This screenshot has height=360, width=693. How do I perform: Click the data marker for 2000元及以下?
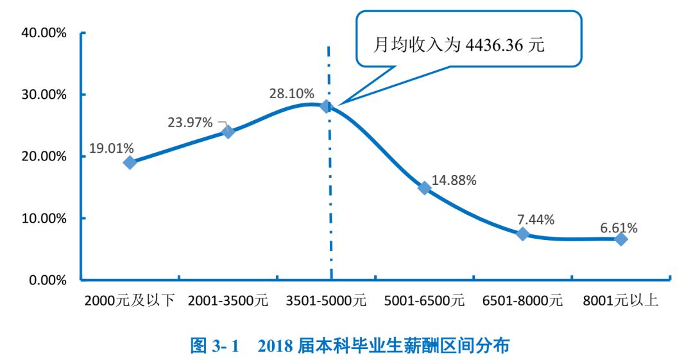coord(130,162)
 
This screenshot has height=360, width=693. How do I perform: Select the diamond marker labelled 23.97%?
coord(228,132)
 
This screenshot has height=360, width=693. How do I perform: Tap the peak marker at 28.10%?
coord(326,106)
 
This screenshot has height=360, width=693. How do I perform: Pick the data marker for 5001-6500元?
coord(424,188)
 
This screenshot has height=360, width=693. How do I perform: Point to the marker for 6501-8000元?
coord(522,234)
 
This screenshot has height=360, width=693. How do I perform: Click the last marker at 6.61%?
coord(620,239)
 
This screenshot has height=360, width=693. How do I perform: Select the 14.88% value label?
coord(454,180)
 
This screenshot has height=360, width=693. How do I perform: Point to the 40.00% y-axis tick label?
coord(44,33)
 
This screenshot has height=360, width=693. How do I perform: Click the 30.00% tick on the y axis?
coord(44,94)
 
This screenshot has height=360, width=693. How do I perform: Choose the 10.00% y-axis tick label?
coord(44,218)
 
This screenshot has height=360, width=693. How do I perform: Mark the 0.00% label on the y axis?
coord(47,280)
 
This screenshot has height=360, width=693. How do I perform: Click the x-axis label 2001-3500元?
coord(228,300)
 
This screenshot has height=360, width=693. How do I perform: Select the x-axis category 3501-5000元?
coord(326,300)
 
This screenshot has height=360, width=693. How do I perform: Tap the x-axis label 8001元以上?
coord(620,300)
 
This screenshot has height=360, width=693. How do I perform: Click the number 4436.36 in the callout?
coord(494,46)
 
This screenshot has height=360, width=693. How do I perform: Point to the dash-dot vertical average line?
coord(329,193)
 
